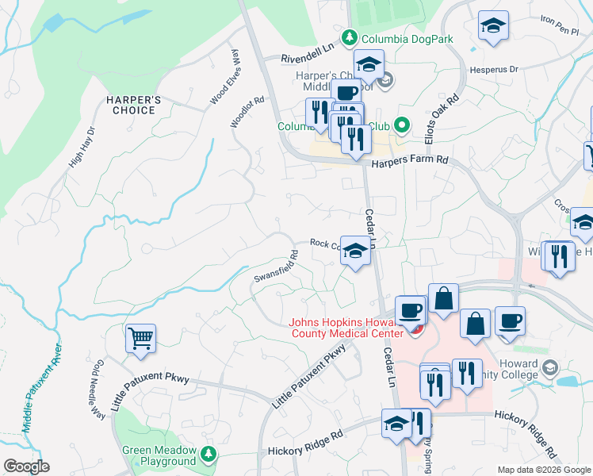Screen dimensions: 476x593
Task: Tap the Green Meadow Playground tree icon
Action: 208,454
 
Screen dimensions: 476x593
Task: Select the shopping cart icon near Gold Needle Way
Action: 140,339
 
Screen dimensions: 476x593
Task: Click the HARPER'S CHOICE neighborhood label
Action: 134,105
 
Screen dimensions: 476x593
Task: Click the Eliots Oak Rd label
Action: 453,120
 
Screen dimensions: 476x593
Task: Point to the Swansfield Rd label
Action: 276,267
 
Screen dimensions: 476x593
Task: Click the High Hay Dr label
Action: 82,147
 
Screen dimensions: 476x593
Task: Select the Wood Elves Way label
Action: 224,77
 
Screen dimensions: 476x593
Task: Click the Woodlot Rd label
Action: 246,113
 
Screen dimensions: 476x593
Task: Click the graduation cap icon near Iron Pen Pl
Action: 493,28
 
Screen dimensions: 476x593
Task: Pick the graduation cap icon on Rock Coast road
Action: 355,251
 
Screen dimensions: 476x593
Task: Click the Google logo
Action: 26,466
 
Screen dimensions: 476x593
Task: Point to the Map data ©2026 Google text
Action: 543,470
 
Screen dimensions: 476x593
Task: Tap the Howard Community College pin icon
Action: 551,368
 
